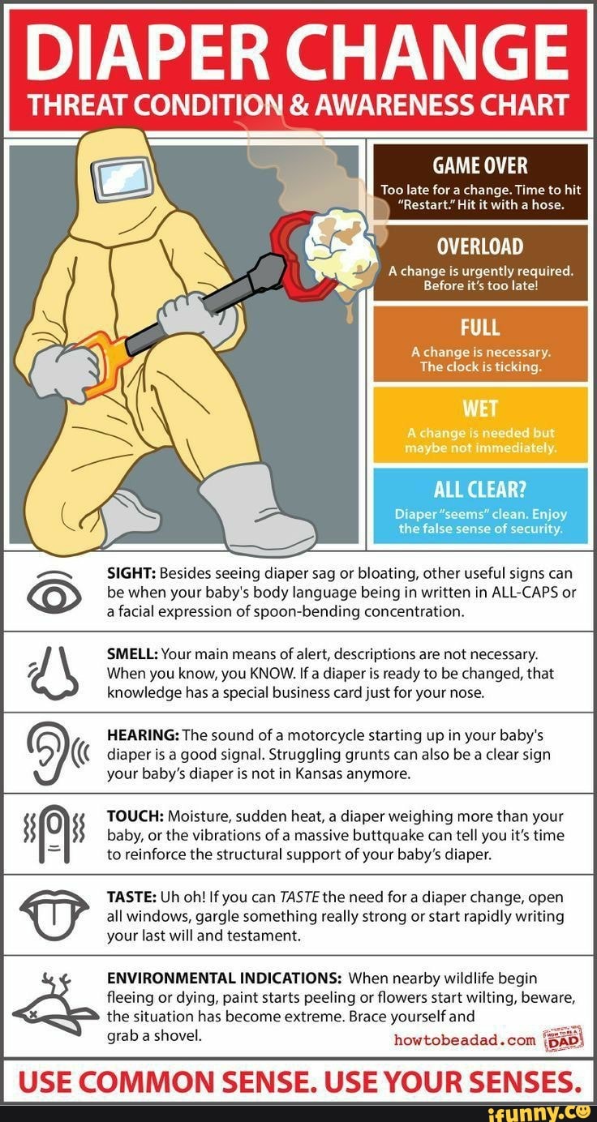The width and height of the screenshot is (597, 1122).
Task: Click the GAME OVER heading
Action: (480, 166)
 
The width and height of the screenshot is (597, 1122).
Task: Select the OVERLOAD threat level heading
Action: (480, 246)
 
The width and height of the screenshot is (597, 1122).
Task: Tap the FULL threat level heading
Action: (480, 328)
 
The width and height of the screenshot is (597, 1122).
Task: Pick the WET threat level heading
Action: (480, 407)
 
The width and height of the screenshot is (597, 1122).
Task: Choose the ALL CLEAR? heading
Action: (480, 489)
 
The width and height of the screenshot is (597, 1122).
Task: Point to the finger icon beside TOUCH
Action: (51, 834)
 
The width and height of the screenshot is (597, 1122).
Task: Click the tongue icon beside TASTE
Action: (51, 914)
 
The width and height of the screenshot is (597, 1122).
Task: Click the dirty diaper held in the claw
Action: (341, 242)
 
